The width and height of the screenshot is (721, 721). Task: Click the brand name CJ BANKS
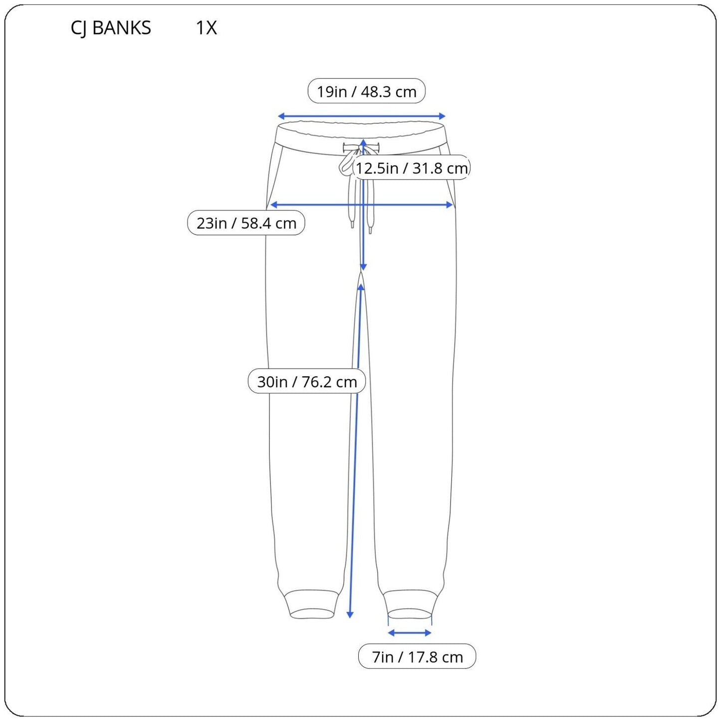click(x=111, y=28)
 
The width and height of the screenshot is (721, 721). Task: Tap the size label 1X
click(x=206, y=27)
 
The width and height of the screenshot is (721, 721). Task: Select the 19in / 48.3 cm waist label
click(x=366, y=91)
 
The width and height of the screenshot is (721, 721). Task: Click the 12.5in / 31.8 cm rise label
click(x=412, y=168)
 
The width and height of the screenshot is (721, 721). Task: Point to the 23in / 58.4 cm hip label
click(x=246, y=223)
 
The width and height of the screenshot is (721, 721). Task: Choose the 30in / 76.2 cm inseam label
click(x=307, y=381)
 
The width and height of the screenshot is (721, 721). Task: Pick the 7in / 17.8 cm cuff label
click(x=417, y=657)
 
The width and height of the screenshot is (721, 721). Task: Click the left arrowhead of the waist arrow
click(x=279, y=116)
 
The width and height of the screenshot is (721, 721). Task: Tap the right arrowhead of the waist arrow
click(x=443, y=116)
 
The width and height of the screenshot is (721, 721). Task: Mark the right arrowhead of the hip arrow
click(x=451, y=205)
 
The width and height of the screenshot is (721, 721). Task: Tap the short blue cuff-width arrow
click(x=410, y=633)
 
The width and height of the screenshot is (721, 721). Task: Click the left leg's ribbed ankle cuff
click(x=311, y=604)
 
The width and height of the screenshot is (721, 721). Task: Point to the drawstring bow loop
click(x=346, y=165)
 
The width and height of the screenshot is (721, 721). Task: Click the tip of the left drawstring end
click(x=352, y=227)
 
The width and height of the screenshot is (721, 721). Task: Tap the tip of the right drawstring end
click(x=370, y=232)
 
